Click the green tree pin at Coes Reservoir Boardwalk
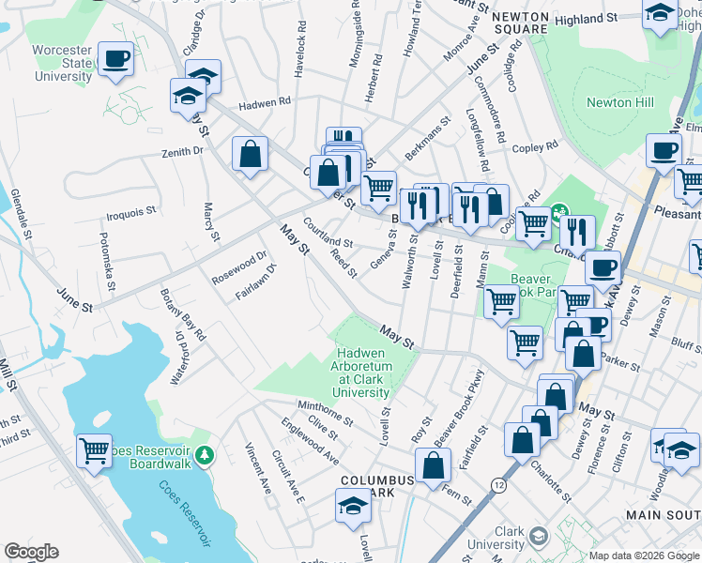point(205,455)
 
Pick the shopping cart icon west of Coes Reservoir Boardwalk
point(95,452)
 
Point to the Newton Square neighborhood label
point(519,23)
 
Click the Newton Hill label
point(619,102)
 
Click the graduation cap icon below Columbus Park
point(352,506)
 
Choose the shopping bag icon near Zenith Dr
point(251,155)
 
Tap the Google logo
point(31,552)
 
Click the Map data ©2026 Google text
point(643,555)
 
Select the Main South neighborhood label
point(663,515)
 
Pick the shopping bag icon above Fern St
point(432,465)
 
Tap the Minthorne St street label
point(324,410)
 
